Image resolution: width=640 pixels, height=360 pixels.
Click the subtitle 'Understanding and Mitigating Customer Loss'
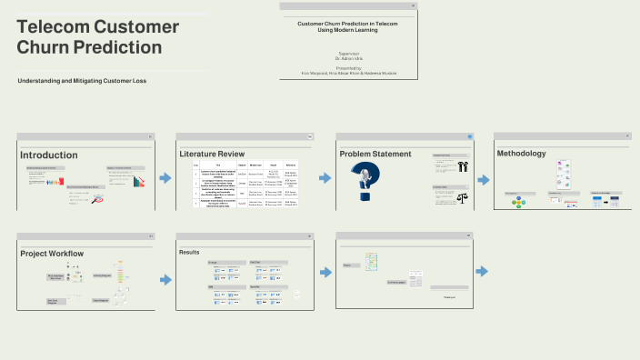82,81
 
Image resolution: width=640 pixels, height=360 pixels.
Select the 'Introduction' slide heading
49,155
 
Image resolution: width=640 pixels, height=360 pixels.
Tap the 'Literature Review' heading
212,154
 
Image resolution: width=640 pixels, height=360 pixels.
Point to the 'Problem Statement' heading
375,154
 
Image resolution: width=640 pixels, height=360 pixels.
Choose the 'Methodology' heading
521,153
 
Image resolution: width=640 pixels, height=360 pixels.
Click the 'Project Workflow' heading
52,253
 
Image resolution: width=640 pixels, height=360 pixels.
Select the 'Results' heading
189,252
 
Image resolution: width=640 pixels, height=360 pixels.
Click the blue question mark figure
370,183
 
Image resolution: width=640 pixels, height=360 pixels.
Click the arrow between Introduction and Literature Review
165,177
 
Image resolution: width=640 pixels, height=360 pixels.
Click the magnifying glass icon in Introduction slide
97,198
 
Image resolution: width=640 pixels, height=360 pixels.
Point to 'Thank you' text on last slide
449,297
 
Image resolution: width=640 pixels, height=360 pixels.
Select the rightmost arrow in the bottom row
482,271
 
